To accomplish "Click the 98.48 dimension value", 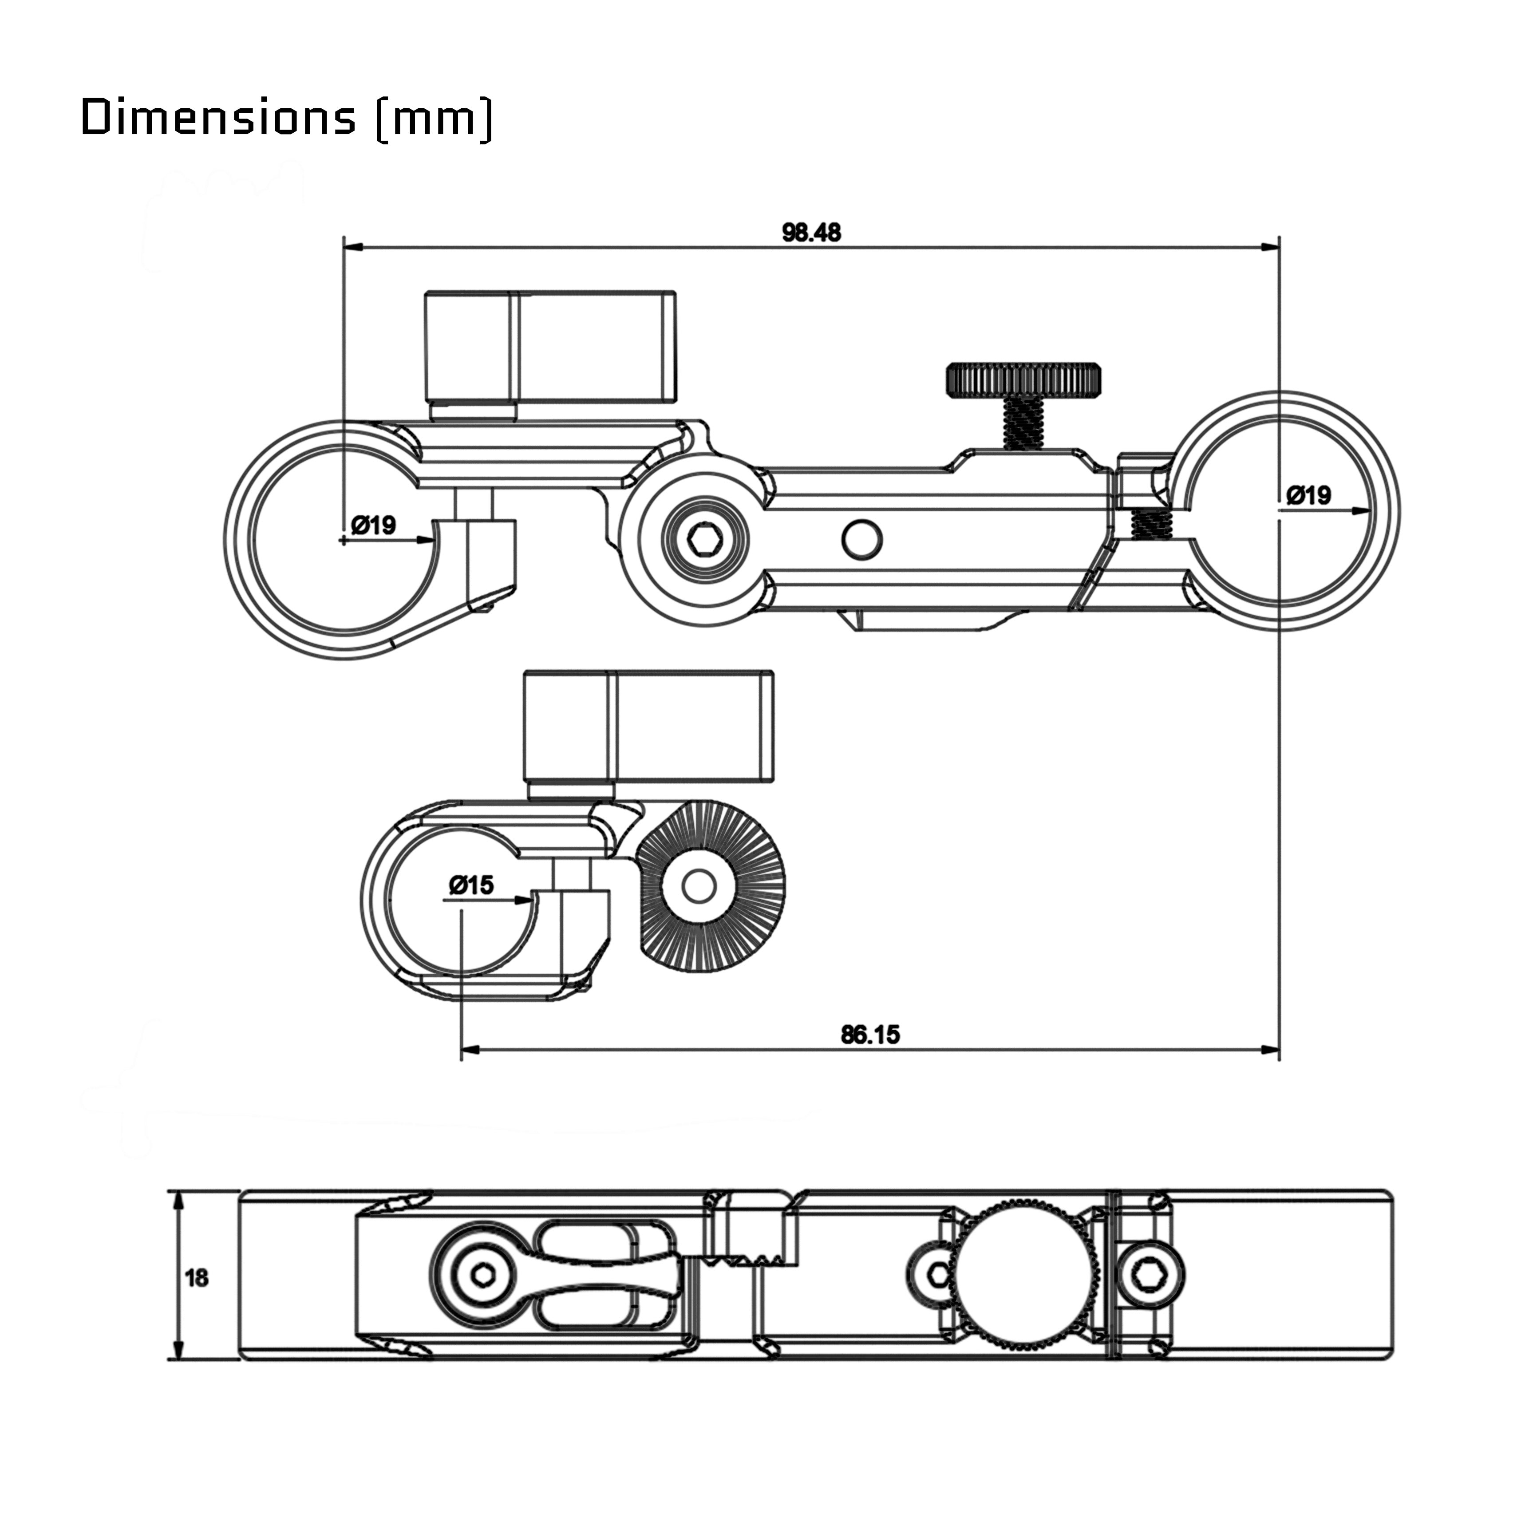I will (811, 233).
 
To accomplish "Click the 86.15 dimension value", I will (870, 1035).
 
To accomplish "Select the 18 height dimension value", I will (196, 1277).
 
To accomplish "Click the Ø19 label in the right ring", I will (1309, 495).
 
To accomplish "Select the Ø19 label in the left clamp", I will (374, 525).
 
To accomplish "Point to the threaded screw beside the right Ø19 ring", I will (1151, 524).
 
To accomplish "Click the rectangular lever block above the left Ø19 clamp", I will (551, 347).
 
